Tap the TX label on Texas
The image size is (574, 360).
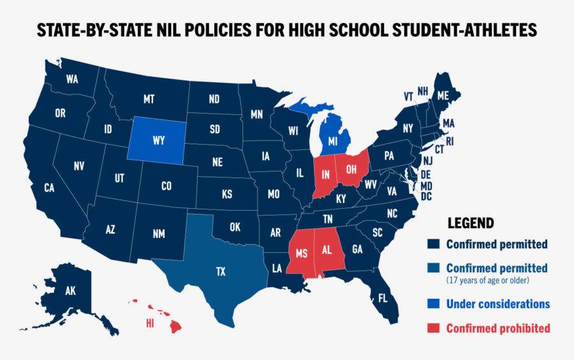(220, 272)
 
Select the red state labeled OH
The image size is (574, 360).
(350, 170)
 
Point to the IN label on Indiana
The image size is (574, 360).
(325, 174)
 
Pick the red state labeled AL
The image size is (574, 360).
(327, 250)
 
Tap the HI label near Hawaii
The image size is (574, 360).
(151, 324)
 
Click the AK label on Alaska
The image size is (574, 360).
(70, 291)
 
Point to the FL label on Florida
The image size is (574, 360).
(383, 298)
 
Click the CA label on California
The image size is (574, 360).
(49, 188)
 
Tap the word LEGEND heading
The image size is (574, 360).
(470, 223)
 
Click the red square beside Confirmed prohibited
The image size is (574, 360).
(434, 328)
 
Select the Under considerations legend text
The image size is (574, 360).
(497, 304)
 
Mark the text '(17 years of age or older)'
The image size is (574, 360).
(488, 280)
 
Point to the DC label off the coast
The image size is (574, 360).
(426, 197)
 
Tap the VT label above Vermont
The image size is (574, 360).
(408, 96)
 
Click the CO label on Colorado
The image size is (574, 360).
(166, 186)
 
